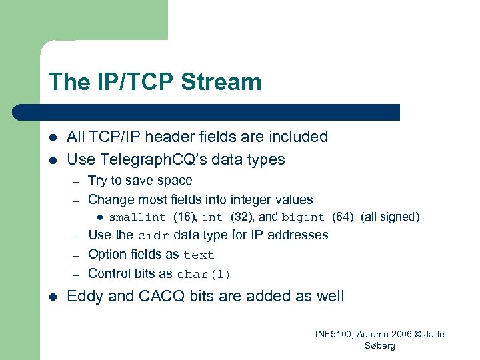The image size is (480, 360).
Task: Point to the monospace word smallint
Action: coord(137,217)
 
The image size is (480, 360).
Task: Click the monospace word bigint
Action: coord(303,217)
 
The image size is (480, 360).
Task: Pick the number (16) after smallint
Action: coord(183,217)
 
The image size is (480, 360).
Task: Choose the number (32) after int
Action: coord(241,217)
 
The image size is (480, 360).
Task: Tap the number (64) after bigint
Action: coord(343,217)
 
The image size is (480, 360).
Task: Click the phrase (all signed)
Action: coord(390,217)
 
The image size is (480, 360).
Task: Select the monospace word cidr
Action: coord(153,235)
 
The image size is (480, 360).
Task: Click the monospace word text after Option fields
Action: coord(199,255)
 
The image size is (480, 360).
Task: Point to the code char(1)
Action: coord(203,274)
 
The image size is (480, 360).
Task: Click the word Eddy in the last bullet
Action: coord(85,296)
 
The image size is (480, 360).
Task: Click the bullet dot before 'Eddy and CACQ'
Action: coord(53,296)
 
